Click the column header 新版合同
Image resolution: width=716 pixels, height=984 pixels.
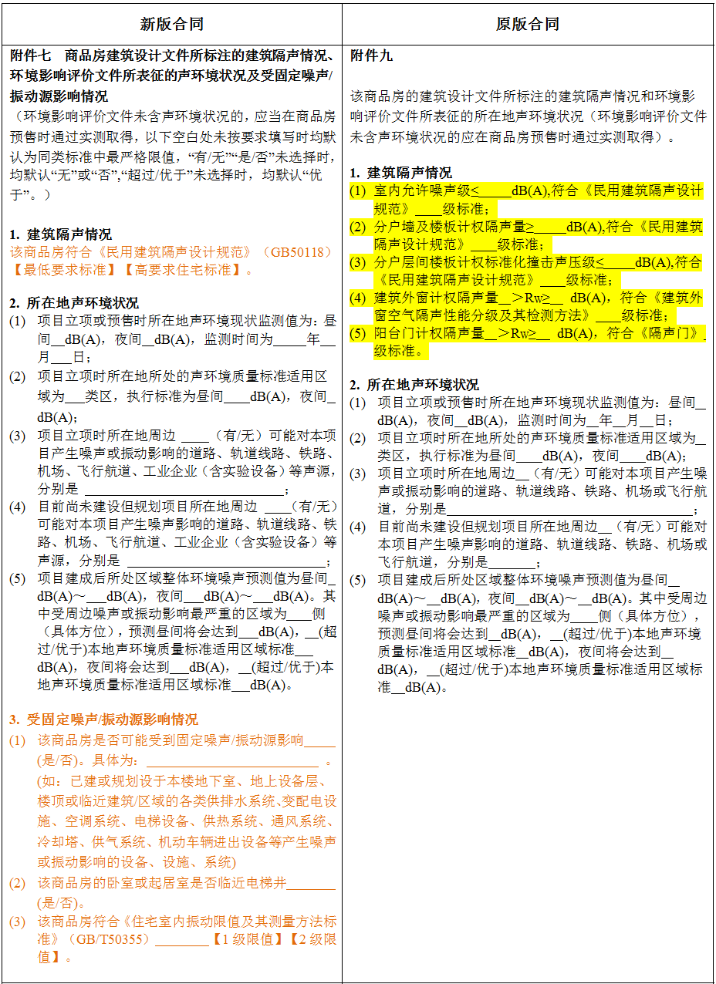[172, 24]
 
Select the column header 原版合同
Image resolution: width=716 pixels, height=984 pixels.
[528, 24]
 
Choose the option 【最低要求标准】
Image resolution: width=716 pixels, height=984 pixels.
[50, 270]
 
